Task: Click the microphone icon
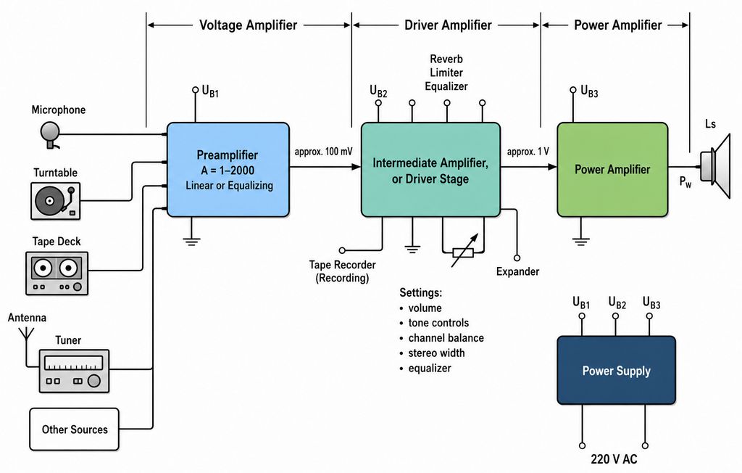click(50, 135)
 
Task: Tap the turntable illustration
click(55, 201)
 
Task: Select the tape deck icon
click(57, 273)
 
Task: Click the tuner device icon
click(74, 371)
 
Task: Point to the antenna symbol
click(26, 334)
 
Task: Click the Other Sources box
click(75, 429)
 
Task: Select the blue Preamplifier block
click(228, 170)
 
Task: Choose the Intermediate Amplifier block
click(430, 170)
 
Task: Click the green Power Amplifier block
click(612, 170)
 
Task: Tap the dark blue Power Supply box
click(616, 370)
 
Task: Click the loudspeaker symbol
click(715, 166)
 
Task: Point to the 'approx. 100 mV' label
click(323, 152)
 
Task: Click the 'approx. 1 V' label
click(528, 152)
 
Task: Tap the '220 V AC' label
click(614, 458)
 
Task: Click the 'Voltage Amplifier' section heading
click(248, 25)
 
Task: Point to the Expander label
click(517, 271)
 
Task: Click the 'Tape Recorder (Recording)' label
click(342, 271)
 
